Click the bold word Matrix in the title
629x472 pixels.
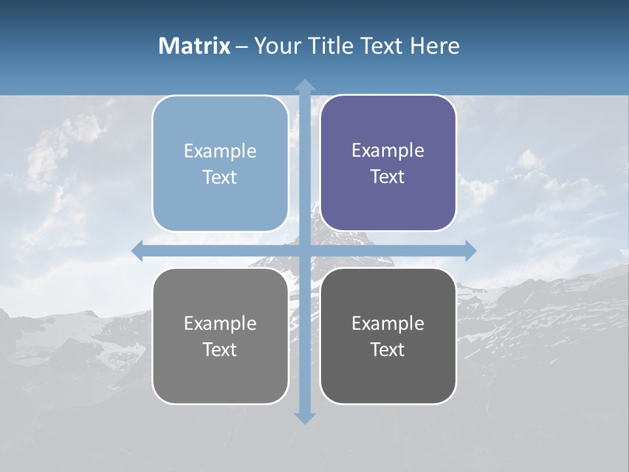coord(195,46)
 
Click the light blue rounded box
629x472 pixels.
coord(220,163)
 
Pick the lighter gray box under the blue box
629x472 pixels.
coord(220,336)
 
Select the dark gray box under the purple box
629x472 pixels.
coord(388,336)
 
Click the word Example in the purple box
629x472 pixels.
coord(388,150)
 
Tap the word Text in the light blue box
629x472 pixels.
coord(219,177)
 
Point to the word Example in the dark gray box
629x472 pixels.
coord(388,323)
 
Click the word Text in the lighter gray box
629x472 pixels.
coord(219,349)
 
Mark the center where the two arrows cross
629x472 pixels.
coord(305,250)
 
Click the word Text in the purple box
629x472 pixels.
coord(388,176)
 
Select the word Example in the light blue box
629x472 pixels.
coord(220,151)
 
